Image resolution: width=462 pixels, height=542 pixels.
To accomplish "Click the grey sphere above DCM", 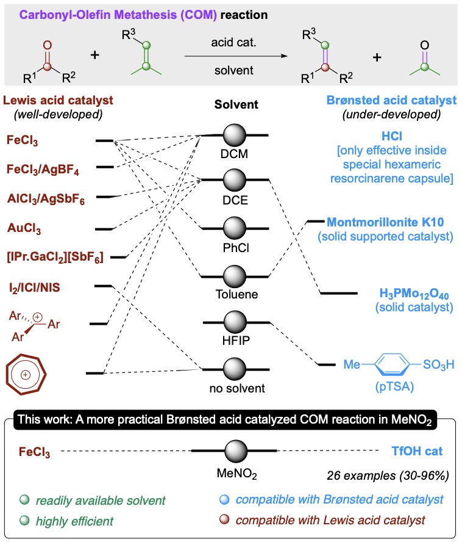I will (x=235, y=135).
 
